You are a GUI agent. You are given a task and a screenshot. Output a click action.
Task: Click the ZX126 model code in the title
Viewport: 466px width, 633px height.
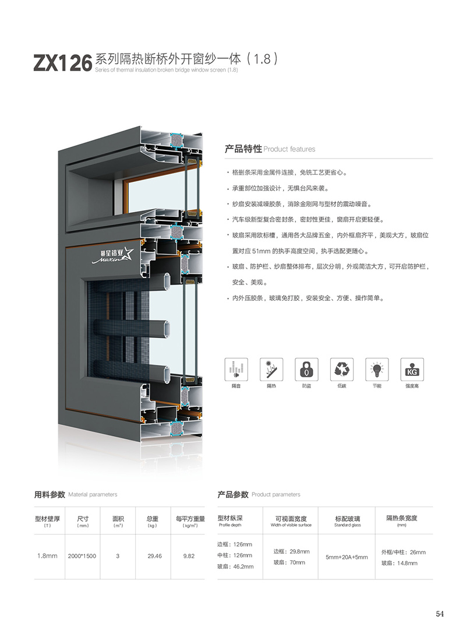coord(62,63)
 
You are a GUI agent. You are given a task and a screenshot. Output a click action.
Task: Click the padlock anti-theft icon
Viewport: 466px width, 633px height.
coord(306,369)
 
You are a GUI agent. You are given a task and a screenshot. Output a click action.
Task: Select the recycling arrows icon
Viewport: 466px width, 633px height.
coord(342,369)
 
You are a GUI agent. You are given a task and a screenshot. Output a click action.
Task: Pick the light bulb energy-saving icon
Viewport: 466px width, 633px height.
coord(377,369)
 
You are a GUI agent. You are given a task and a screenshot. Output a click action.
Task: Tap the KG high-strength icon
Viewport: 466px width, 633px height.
coord(412,369)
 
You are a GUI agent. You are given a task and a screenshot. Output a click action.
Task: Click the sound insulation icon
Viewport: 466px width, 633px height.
coord(236,369)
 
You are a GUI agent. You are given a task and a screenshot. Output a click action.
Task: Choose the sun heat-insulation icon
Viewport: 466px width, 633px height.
coord(271,369)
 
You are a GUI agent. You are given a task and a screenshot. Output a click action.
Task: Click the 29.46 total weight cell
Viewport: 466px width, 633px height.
coord(154,556)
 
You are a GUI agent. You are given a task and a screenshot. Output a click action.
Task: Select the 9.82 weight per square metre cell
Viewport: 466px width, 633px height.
coord(189,556)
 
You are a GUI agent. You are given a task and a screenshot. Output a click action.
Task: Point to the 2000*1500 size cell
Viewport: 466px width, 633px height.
coord(82,556)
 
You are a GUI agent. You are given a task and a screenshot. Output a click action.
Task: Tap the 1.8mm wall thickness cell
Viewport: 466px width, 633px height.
coord(47,556)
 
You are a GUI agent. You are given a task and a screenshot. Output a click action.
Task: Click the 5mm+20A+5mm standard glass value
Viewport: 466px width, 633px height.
coord(347,557)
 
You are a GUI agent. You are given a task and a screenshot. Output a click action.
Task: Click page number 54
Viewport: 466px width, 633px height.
coord(440,614)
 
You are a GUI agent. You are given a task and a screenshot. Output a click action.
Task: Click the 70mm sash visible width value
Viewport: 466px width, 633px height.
coord(297,562)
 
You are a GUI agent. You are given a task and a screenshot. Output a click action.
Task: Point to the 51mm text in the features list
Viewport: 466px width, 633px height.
coord(261,251)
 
